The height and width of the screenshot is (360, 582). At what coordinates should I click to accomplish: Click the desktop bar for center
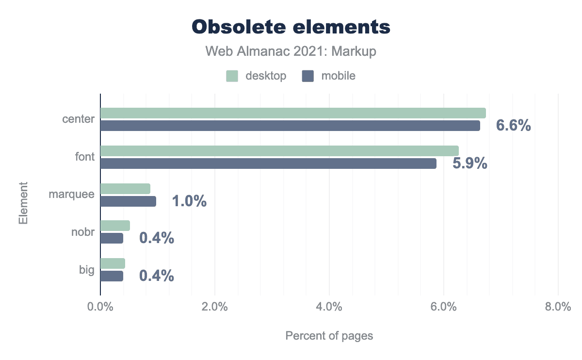[x=293, y=113]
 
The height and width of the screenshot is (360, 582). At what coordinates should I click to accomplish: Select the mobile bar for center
[x=290, y=126]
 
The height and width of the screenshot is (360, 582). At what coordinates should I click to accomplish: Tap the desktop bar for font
[x=279, y=151]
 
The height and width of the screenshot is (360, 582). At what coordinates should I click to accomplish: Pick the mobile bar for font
[x=268, y=164]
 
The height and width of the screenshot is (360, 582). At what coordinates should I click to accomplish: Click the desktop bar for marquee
[x=125, y=189]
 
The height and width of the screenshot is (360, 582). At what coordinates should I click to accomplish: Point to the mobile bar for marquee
[x=128, y=201]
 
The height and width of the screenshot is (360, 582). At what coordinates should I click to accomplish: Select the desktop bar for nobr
[x=115, y=226]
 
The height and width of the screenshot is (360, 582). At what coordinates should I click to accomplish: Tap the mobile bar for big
[x=112, y=276]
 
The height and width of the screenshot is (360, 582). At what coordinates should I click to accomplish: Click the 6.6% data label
[x=513, y=126]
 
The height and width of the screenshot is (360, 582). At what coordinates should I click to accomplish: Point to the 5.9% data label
[x=469, y=164]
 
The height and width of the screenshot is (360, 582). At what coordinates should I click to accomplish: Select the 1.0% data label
[x=189, y=201]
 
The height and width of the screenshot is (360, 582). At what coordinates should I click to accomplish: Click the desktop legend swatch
[x=232, y=76]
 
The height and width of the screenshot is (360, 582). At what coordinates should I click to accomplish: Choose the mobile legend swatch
[x=308, y=76]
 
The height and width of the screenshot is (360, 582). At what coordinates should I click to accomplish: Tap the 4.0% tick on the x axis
[x=329, y=307]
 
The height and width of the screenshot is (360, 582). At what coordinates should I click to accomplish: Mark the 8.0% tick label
[x=558, y=307]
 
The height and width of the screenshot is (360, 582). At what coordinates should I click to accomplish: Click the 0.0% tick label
[x=100, y=307]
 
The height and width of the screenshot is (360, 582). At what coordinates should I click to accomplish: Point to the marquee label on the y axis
[x=71, y=195]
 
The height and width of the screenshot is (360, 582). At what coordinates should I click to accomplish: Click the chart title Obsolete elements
[x=291, y=27]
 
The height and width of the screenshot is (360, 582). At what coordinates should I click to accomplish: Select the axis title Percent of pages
[x=329, y=336]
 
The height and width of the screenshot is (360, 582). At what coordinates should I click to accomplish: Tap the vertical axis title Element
[x=23, y=203]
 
